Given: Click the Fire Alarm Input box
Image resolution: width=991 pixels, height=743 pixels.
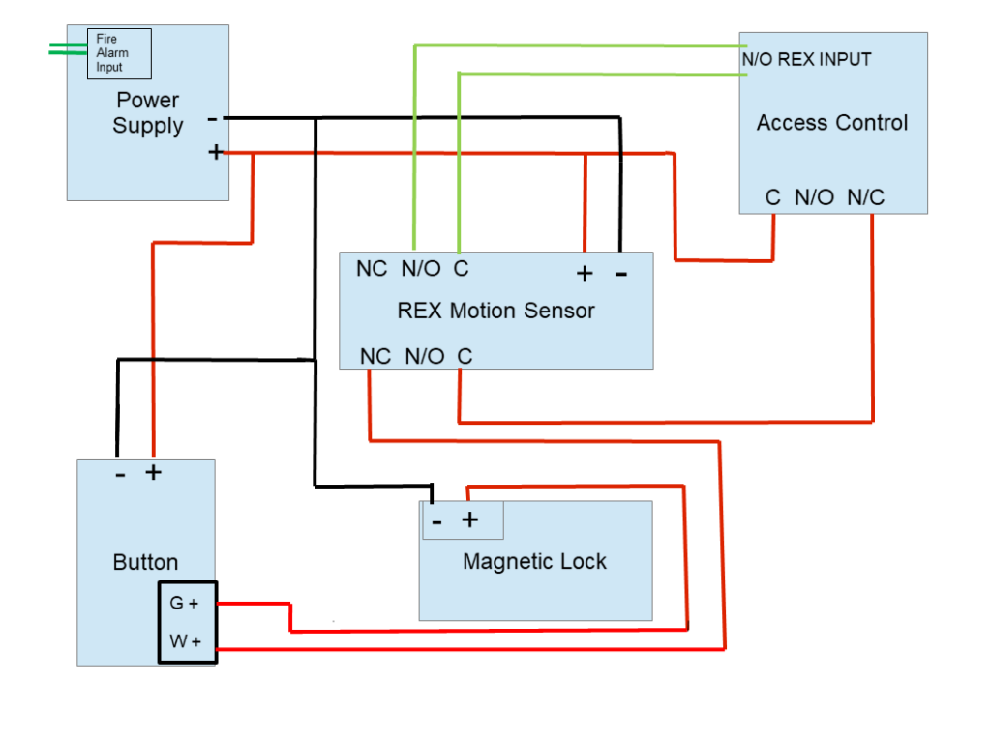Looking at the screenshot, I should [120, 53].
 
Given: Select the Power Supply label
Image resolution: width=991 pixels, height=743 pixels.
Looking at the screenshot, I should [147, 113].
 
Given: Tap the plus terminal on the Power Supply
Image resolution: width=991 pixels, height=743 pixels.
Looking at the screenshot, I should [215, 152].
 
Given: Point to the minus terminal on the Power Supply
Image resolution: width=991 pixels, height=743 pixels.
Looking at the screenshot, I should [213, 119].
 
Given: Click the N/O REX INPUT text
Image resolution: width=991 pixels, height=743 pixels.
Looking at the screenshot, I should [806, 59].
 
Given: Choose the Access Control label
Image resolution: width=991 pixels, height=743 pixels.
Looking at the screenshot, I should [832, 123].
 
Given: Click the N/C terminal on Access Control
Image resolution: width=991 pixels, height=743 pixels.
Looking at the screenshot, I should [866, 197].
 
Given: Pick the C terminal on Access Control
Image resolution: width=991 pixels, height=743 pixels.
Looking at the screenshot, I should [772, 197].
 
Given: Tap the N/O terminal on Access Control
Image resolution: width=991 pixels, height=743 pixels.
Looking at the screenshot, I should [814, 197].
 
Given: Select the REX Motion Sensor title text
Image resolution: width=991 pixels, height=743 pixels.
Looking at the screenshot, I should [495, 311].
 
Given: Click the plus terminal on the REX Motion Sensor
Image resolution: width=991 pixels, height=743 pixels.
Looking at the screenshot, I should [584, 274].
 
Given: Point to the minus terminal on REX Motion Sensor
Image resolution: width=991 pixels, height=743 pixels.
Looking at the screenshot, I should [620, 274].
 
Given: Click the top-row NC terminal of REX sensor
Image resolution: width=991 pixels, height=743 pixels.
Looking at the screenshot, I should [372, 269].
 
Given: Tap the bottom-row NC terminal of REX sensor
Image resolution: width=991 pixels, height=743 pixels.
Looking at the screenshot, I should [375, 357].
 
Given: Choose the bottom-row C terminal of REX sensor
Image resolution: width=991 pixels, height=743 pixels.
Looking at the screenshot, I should [465, 357].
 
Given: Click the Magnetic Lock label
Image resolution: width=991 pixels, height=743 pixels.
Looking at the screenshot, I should [534, 561].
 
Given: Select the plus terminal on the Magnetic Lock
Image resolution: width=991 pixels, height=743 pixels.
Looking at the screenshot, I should [469, 520].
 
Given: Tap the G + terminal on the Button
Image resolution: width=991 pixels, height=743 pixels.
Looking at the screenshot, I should [184, 603].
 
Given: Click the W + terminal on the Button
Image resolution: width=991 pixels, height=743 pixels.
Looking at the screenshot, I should [184, 640].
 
